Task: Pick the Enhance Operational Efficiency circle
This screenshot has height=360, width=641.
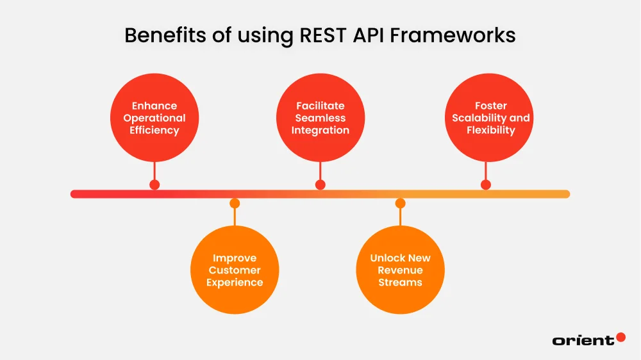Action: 154,118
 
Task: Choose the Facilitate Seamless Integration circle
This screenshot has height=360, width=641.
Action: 320,118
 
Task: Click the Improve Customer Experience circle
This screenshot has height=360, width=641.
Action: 235,270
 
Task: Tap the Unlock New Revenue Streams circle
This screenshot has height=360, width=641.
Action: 400,270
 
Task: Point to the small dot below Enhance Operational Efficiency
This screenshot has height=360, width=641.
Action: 154,184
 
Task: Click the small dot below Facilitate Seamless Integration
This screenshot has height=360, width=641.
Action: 320,184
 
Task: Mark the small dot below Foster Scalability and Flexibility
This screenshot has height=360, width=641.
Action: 486,184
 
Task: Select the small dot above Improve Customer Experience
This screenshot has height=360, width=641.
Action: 235,204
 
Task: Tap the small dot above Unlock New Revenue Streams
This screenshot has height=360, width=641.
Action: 400,204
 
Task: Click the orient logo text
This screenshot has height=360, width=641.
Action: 583,341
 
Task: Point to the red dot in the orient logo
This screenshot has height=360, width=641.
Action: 620,337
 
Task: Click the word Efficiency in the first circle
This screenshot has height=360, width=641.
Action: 154,130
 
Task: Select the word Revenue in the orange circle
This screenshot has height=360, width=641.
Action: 400,270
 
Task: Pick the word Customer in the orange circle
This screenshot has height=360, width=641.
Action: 235,270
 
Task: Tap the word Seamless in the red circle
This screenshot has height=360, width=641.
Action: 320,118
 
